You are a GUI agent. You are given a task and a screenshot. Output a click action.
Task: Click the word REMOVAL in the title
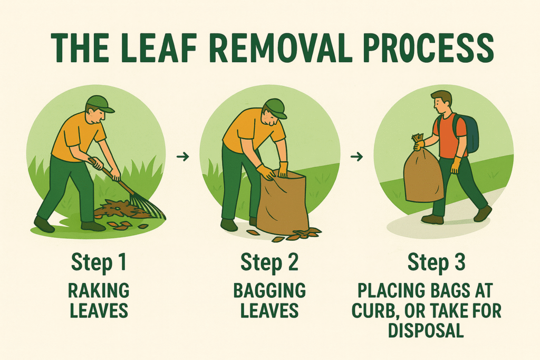pyautogui.click(x=281, y=47)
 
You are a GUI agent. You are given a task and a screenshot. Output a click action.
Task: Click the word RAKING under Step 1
pyautogui.click(x=99, y=290)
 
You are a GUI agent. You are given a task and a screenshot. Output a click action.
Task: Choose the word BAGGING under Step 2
pyautogui.click(x=269, y=290)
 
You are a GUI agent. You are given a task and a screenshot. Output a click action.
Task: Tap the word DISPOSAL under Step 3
pyautogui.click(x=426, y=330)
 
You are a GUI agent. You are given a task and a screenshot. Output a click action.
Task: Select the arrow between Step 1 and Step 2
pyautogui.click(x=183, y=157)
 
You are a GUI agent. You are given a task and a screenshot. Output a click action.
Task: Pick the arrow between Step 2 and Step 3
pyautogui.click(x=357, y=157)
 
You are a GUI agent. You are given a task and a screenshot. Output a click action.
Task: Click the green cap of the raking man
pyautogui.click(x=100, y=104)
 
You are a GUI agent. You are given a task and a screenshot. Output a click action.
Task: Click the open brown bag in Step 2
pyautogui.click(x=283, y=203)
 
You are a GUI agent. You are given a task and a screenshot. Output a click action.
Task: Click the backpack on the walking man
pyautogui.click(x=468, y=133)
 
